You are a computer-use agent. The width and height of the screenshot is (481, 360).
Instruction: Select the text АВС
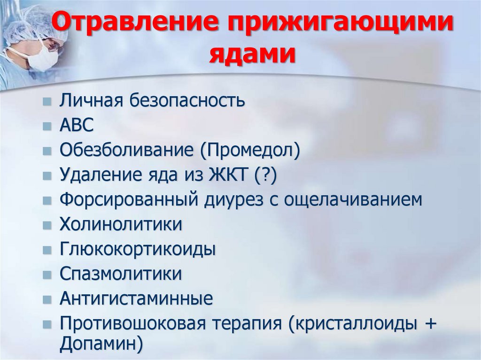[77, 125]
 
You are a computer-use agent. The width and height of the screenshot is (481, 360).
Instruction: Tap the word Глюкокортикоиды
[138, 249]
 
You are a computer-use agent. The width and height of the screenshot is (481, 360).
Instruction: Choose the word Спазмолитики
[120, 274]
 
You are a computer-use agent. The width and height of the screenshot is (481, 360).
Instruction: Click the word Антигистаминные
[136, 299]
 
